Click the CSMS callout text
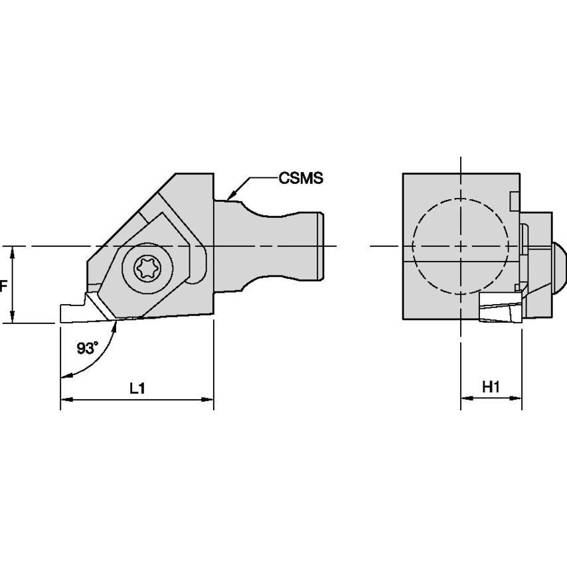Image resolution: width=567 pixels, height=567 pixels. coord(301,178)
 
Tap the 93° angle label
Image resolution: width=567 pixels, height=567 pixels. coord(86,348)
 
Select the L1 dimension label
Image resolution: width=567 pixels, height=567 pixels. coord(137,390)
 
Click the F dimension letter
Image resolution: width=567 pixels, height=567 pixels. coord(3,286)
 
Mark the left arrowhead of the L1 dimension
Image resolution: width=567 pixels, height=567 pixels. coord(65,400)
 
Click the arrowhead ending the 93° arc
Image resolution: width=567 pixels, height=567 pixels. coord(64,376)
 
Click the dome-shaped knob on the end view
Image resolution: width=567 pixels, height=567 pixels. coord(559,266)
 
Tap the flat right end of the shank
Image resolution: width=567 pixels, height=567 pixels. coord(322,246)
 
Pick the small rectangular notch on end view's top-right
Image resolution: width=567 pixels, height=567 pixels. coord(513,199)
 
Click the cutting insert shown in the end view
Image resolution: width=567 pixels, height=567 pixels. coord(498,309)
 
